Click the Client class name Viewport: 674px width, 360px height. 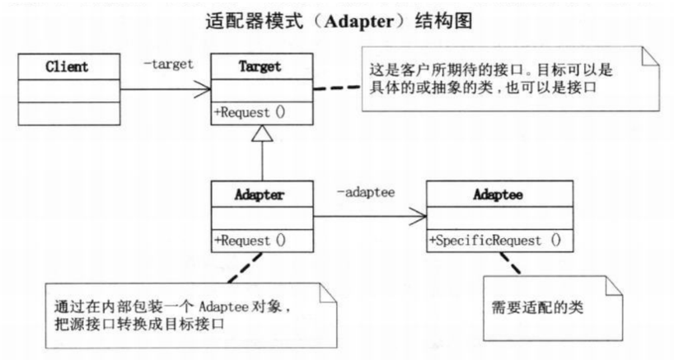click(68, 67)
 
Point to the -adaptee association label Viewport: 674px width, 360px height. click(365, 193)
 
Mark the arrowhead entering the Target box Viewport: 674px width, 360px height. click(204, 90)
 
